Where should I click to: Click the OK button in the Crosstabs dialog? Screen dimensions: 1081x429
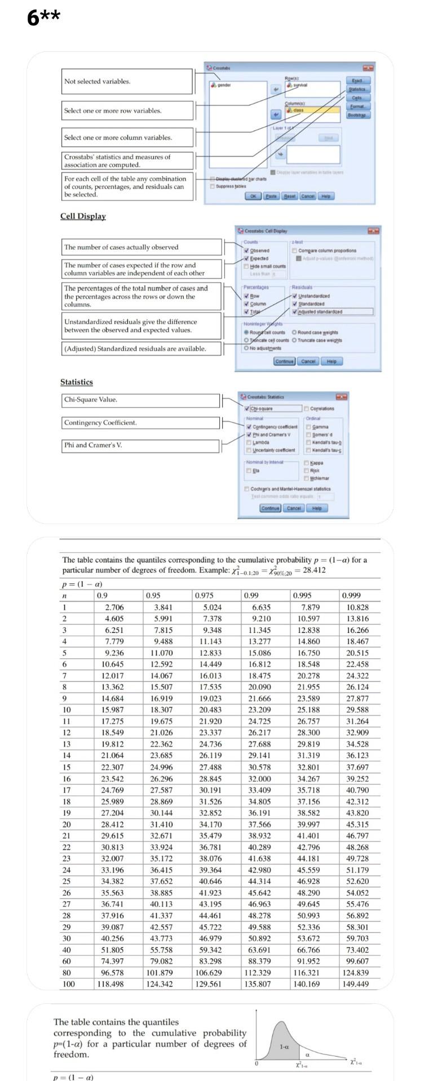click(253, 196)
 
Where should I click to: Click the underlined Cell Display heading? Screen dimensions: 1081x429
click(83, 216)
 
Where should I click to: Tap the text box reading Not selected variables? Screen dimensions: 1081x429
click(127, 82)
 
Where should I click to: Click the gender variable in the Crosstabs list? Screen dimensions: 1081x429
click(222, 85)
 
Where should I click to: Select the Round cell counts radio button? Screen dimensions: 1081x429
click(246, 332)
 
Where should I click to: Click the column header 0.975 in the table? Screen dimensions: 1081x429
click(204, 595)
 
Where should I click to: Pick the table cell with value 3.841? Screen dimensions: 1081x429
click(163, 607)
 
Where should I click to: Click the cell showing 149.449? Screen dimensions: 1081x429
click(356, 984)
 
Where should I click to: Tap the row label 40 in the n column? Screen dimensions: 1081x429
click(67, 949)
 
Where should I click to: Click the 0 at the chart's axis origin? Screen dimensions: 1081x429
click(256, 1063)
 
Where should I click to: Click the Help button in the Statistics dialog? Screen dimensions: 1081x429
click(316, 508)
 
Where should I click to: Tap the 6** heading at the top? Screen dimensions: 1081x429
click(43, 18)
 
